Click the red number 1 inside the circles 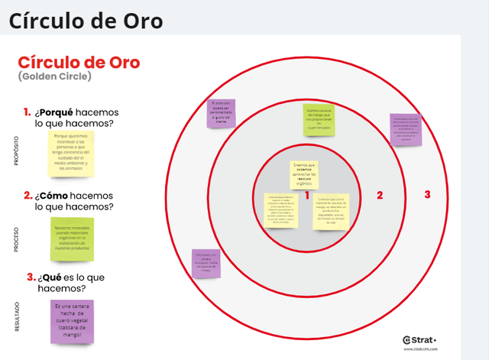(306, 195)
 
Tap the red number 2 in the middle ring (379, 195)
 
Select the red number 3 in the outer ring (427, 195)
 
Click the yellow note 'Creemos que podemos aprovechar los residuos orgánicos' (304, 175)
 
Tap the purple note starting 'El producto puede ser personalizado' (222, 112)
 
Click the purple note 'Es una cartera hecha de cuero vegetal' (72, 321)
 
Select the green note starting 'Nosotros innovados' (72, 238)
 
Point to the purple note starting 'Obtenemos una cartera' (206, 263)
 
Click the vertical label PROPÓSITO (17, 151)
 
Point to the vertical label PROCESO (17, 238)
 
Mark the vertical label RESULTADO (17, 317)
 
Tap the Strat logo (419, 339)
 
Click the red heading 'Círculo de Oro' (79, 62)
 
